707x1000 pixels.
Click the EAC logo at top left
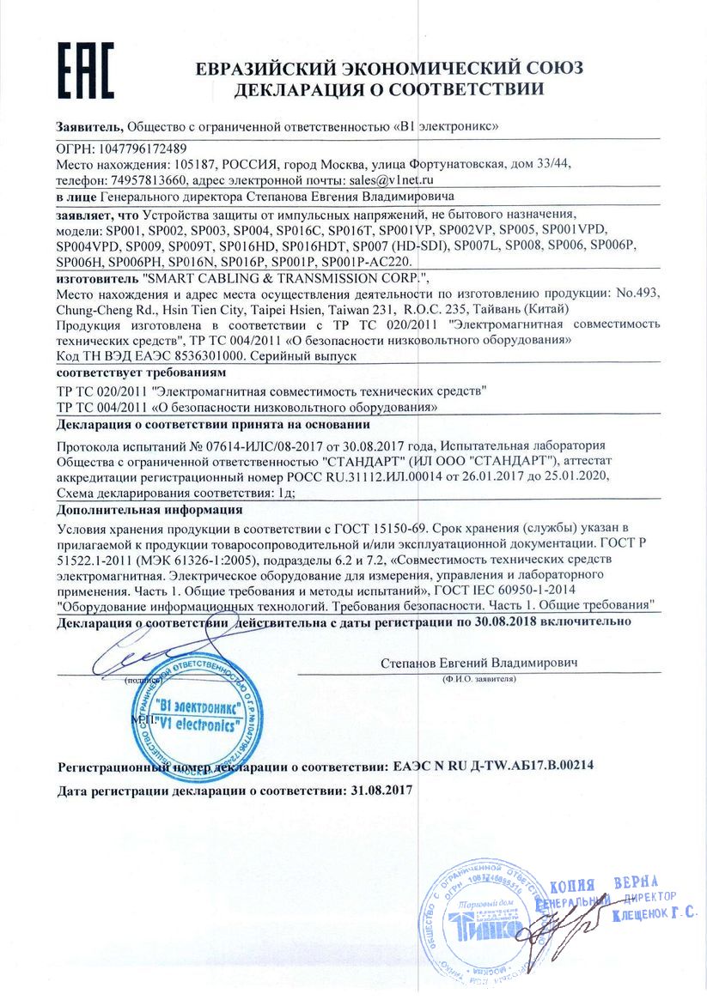pyautogui.click(x=85, y=70)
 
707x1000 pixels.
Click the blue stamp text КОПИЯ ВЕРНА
pyautogui.click(x=602, y=885)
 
